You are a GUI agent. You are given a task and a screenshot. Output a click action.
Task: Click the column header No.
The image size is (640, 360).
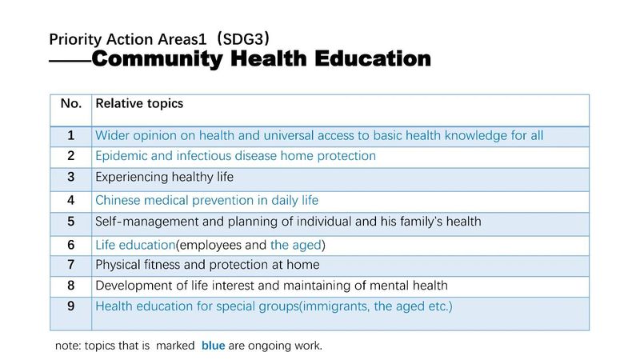click(71, 104)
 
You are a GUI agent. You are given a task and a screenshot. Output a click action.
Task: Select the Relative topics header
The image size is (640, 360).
click(139, 104)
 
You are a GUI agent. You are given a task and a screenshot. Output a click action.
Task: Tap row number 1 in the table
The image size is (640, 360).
click(71, 135)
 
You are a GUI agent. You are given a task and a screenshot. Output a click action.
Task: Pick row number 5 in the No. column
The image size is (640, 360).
click(71, 222)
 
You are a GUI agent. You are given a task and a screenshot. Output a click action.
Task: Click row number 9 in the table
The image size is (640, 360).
click(71, 306)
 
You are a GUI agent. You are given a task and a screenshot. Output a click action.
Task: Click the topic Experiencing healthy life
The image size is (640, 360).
click(165, 178)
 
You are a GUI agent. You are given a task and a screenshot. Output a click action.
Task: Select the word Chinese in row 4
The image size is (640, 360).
click(118, 201)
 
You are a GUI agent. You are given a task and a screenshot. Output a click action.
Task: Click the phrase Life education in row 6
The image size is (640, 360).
click(135, 245)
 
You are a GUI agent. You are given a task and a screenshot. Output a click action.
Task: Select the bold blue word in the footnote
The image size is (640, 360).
click(213, 346)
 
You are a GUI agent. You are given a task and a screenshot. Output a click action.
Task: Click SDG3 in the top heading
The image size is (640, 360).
click(243, 39)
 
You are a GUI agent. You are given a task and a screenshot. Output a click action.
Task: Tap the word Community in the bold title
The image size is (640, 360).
click(158, 58)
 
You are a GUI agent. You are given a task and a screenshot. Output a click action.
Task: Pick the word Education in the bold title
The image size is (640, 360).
click(373, 58)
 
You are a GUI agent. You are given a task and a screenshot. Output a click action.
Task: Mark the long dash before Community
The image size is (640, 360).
click(70, 62)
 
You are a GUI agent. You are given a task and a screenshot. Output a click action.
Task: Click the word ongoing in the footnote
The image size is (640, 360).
click(270, 346)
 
